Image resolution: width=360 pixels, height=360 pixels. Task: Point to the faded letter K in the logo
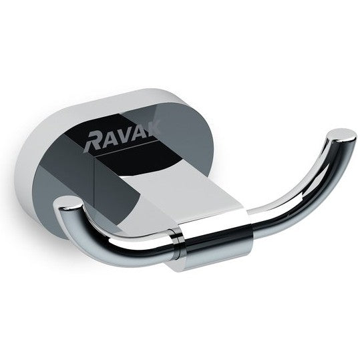point(152,130)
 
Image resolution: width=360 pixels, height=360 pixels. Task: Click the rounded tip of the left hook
point(67,202)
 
